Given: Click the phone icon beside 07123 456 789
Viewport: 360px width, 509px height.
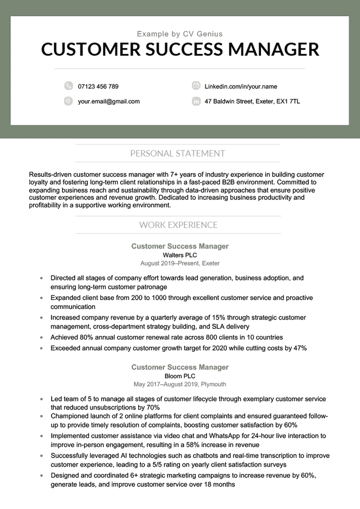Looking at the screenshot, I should click(68, 86).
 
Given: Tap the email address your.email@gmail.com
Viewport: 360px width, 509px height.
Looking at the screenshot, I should click(109, 101).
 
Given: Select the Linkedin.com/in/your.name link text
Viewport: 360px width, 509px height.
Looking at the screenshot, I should click(240, 86).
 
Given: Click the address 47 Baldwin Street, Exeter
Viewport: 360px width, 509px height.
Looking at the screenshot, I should click(252, 101).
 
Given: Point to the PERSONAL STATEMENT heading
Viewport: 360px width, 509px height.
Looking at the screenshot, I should click(177, 153).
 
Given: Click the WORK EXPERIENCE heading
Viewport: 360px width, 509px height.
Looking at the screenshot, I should click(178, 225).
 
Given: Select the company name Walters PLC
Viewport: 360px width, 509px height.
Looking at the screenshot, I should click(180, 255).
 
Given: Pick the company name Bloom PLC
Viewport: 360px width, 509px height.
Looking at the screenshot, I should click(180, 376).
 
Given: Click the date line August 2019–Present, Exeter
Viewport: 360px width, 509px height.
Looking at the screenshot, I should click(180, 263).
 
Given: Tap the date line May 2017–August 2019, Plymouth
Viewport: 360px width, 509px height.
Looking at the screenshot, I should click(180, 384).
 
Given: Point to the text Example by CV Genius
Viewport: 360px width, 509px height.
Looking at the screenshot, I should click(180, 34).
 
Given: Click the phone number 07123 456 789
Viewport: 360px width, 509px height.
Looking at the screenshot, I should click(98, 86).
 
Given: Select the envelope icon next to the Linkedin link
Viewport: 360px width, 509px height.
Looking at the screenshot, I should click(196, 86).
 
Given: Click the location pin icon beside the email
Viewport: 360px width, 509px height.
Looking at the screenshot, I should click(68, 101).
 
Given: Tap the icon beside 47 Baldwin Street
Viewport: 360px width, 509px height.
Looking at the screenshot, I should click(196, 101).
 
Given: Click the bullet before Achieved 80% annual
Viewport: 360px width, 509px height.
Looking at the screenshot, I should click(41, 338).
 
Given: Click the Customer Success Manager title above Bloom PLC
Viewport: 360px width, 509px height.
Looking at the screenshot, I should click(180, 367).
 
